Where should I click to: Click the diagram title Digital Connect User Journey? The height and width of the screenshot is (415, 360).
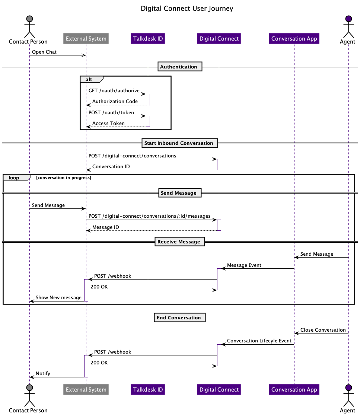pyautogui.click(x=187, y=9)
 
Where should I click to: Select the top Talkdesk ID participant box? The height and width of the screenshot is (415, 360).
pyautogui.click(x=148, y=39)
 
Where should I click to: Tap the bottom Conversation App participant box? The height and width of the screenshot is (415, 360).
pyautogui.click(x=294, y=390)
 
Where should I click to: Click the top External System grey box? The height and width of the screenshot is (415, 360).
pyautogui.click(x=86, y=39)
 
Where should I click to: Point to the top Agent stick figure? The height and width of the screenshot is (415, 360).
pyautogui.click(x=348, y=26)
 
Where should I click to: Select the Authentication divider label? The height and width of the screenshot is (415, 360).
pyautogui.click(x=179, y=67)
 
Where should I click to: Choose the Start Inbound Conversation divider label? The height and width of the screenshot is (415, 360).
pyautogui.click(x=179, y=143)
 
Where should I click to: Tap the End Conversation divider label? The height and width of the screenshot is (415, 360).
pyautogui.click(x=179, y=318)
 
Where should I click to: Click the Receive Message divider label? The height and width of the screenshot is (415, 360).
pyautogui.click(x=179, y=242)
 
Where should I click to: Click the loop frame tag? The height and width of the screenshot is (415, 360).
pyautogui.click(x=15, y=178)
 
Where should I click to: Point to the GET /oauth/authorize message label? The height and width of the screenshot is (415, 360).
pyautogui.click(x=114, y=90)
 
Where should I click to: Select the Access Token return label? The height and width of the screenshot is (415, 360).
pyautogui.click(x=108, y=123)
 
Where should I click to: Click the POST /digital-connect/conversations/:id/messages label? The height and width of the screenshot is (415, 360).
pyautogui.click(x=149, y=216)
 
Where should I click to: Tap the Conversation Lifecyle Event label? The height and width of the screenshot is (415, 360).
pyautogui.click(x=259, y=341)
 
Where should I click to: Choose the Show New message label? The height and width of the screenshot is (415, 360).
pyautogui.click(x=58, y=298)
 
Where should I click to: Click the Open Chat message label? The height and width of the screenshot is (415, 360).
pyautogui.click(x=44, y=52)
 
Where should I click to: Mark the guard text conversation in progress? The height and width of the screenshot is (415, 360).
pyautogui.click(x=64, y=178)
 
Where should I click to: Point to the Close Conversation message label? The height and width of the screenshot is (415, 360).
pyautogui.click(x=323, y=330)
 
